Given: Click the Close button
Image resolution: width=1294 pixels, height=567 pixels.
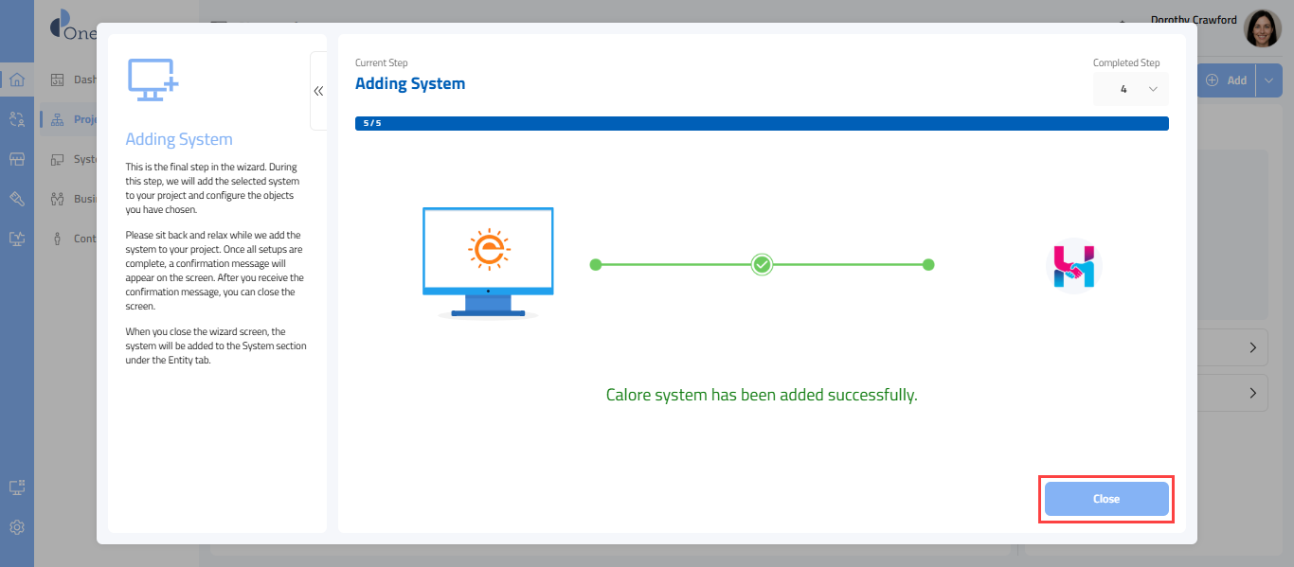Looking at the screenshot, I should coord(1105,499).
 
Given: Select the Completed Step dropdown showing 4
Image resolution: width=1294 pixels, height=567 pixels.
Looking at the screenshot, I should coord(1130,89).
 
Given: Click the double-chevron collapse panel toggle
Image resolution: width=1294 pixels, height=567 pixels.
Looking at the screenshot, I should coord(318,91).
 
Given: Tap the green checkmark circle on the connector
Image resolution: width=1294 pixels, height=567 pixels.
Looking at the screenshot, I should coord(762,265).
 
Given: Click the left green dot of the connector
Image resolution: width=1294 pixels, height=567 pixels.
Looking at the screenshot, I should coord(595,265).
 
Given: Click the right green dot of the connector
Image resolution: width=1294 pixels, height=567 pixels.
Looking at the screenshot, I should coord(928,265).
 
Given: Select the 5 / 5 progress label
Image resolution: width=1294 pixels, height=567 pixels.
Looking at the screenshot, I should coord(372,123).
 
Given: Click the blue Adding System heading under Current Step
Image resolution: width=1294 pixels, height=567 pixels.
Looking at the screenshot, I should coord(410,83).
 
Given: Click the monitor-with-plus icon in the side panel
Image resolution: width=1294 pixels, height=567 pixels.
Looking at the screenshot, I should coord(153,80).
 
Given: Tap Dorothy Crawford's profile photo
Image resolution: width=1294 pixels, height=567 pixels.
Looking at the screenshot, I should coord(1262,29).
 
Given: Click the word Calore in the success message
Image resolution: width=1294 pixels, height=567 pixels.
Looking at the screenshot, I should coord(628,395).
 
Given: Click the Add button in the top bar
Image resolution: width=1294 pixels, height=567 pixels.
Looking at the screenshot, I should coord(1228,80).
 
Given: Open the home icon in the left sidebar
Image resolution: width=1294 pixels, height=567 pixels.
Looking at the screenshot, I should coord(17,80).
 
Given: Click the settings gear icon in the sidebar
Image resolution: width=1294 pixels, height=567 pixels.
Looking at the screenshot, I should coord(17,527).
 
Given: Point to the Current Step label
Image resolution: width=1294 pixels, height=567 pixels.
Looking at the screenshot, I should coord(381,62).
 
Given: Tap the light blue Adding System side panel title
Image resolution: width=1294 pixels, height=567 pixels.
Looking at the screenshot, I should coord(179,139).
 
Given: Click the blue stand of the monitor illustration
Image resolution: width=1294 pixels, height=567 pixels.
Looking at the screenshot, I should coord(488,305).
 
